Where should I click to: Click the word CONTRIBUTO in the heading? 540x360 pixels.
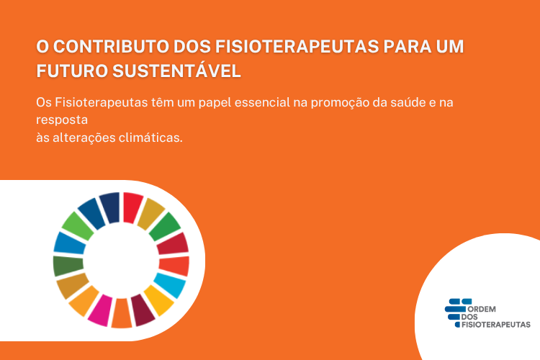tap(111, 47)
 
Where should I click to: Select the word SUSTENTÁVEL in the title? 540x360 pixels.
tap(176, 71)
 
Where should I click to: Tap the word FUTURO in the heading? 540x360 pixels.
tap(72, 71)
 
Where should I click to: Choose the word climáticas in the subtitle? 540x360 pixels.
tap(150, 138)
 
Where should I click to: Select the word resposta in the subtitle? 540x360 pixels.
tap(62, 120)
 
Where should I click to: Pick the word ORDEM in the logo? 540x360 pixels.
tap(482, 309)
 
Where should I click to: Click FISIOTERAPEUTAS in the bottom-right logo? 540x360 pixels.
tap(495, 325)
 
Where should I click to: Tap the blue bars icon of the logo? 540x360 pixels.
tap(456, 312)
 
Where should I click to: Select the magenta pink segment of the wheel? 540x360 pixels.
tap(101, 310)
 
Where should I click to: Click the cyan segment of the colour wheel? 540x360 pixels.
tap(170, 285)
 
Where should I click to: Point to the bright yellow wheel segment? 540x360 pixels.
tap(158, 300)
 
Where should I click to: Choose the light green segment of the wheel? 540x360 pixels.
tap(77, 226)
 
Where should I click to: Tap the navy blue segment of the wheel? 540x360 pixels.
tap(110, 207)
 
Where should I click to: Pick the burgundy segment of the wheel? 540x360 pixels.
tap(143, 310)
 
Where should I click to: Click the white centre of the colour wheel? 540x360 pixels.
tap(121, 260)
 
